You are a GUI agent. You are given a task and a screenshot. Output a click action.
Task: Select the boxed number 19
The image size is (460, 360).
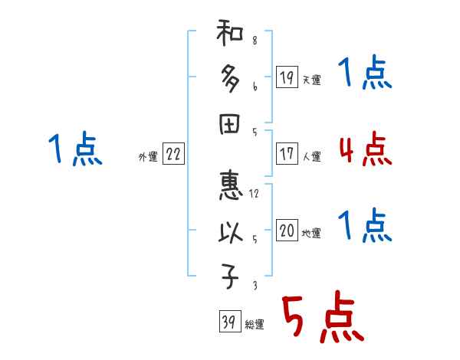point(287,77)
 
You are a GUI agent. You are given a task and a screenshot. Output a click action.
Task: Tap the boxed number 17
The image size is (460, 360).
point(287,154)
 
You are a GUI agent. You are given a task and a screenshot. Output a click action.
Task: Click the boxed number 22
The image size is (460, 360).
point(173,155)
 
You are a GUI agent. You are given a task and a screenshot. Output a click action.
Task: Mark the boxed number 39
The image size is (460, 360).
point(228,322)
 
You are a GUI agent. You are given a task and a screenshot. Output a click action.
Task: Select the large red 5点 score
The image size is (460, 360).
point(322,318)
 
